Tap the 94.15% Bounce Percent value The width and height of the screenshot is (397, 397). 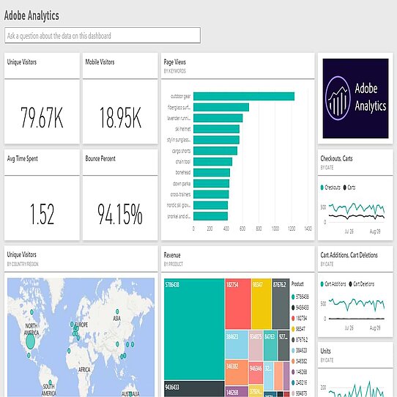[x=120, y=214]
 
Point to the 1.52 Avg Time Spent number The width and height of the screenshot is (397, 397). [x=42, y=214]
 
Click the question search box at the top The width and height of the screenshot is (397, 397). [x=102, y=34]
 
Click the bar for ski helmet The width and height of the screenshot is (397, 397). [x=217, y=129]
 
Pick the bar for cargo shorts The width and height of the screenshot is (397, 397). [x=215, y=150]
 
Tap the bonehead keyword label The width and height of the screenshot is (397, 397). [x=182, y=172]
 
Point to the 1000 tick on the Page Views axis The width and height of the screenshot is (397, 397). [x=275, y=229]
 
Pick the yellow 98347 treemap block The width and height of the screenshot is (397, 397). [x=261, y=300]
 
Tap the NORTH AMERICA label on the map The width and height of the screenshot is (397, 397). [x=31, y=327]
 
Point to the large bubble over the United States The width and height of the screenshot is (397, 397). [x=31, y=340]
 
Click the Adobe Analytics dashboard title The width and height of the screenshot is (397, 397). [x=32, y=15]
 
